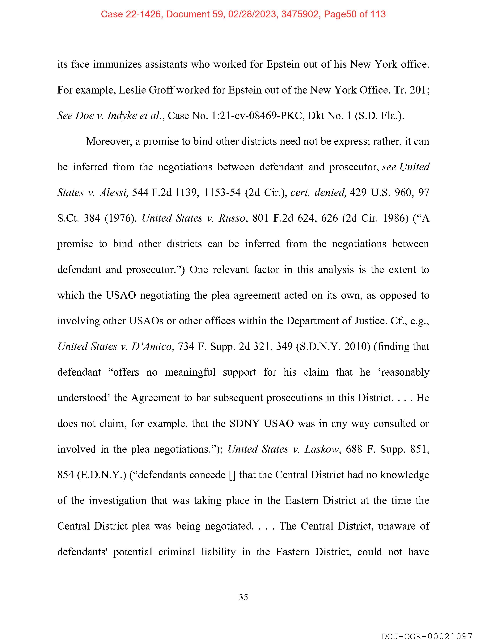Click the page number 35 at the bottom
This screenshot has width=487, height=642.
click(x=243, y=597)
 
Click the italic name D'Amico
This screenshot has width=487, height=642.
click(x=151, y=347)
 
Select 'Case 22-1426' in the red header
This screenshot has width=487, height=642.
click(x=131, y=14)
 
